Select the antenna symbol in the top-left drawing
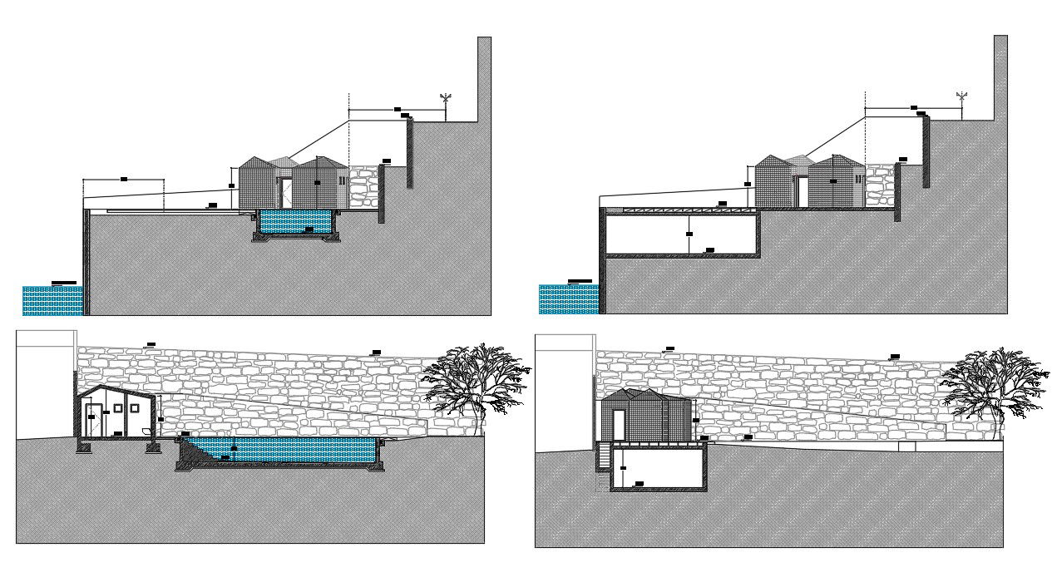click(446, 101)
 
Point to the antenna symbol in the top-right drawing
click(962, 99)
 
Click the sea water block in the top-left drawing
click(52, 300)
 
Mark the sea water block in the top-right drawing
click(568, 299)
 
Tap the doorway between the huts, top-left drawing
click(285, 192)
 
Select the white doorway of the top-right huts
click(803, 191)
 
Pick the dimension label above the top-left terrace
click(124, 179)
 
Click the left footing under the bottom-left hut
click(84, 446)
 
